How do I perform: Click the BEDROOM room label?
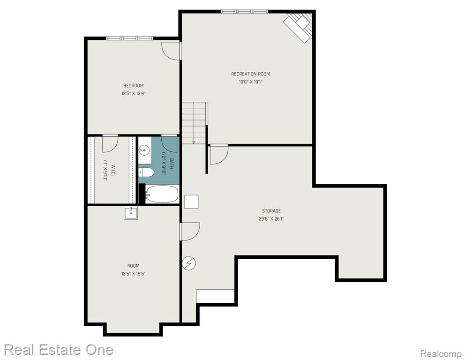[x=134, y=86]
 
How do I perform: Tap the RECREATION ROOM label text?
[x=251, y=74]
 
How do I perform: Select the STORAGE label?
[x=271, y=211]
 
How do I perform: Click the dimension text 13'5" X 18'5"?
[x=134, y=274]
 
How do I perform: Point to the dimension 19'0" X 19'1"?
[x=251, y=82]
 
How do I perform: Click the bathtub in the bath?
[x=162, y=194]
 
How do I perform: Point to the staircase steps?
[x=195, y=123]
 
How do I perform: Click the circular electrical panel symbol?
[x=189, y=263]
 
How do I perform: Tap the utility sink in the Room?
[x=131, y=213]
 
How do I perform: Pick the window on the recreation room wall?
[x=244, y=12]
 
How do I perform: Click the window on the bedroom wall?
[x=129, y=38]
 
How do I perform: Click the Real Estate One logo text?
[x=59, y=350]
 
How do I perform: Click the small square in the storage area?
[x=191, y=202]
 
